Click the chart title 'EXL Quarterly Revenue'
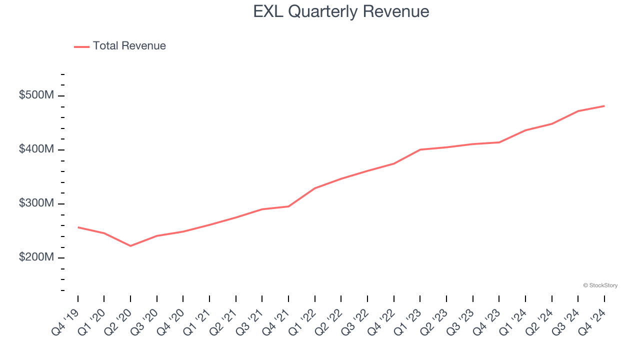pos(341,11)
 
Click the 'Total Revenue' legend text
pos(129,46)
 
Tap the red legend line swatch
pos(81,46)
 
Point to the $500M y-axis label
pos(36,95)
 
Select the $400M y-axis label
pos(36,149)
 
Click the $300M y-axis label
pos(36,203)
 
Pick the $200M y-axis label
pos(36,257)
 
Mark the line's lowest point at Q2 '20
pos(130,246)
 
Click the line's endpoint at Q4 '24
pos(604,106)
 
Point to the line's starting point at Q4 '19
pos(78,227)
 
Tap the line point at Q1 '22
pos(315,188)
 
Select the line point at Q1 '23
pos(420,149)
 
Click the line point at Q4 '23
pos(499,142)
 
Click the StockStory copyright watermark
pos(600,285)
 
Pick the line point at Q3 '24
pos(578,111)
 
